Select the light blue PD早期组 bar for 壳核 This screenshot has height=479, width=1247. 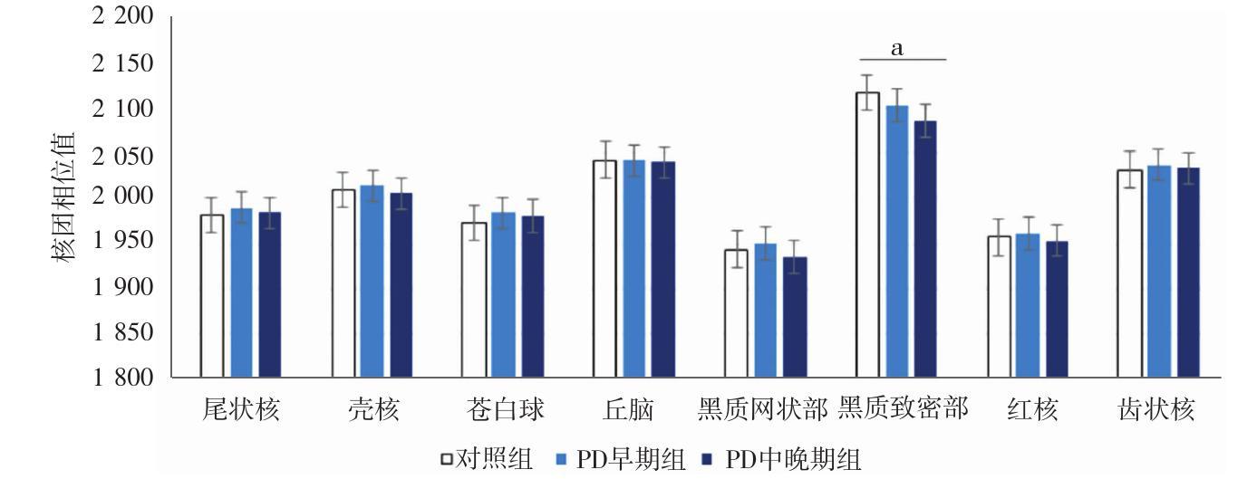pos(372,282)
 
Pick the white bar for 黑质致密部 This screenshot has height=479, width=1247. pos(867,235)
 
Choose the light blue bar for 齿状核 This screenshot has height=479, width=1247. pos(1159,272)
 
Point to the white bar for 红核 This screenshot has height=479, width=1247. pos(999,307)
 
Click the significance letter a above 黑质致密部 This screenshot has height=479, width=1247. pos(897,49)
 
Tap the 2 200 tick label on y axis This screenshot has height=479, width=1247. pos(121,17)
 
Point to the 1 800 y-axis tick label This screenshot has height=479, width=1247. pos(121,378)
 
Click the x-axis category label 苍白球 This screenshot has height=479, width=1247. pos(505,410)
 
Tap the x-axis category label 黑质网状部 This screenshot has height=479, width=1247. pos(762,410)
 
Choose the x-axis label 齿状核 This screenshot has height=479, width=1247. pos(1157,410)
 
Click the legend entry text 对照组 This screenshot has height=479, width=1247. pos(498,460)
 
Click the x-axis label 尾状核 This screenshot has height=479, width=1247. pos(240,410)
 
